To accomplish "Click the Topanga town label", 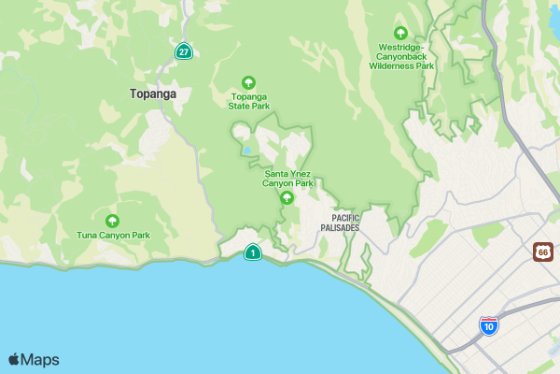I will (153, 93).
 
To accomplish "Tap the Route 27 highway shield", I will (184, 51).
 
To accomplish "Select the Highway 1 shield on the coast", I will (252, 252).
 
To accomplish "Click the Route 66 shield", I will (543, 252).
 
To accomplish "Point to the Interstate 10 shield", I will (488, 325).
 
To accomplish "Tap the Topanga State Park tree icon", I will (248, 82).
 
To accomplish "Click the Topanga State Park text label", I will (249, 101).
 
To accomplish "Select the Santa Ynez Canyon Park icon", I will (287, 197).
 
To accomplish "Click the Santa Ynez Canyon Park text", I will (287, 179).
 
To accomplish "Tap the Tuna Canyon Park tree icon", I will (113, 221).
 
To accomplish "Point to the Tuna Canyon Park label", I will (113, 236).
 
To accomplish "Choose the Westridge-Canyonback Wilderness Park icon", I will (401, 33).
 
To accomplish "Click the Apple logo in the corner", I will (14, 359).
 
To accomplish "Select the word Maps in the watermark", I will (40, 360).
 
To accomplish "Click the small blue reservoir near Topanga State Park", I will (246, 150).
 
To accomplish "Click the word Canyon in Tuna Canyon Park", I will (113, 236).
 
